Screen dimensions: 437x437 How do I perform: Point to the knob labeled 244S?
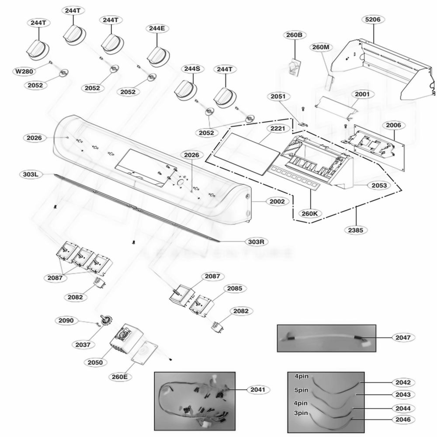click(x=186, y=91)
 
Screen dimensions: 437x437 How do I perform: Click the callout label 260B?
click(x=295, y=35)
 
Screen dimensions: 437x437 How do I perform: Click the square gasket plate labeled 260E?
click(x=143, y=352)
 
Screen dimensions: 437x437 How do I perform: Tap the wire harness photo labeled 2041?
click(x=194, y=402)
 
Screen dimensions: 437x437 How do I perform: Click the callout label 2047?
click(x=402, y=337)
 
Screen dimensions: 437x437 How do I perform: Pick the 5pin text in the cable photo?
click(x=301, y=389)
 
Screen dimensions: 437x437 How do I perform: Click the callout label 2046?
click(x=402, y=420)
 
